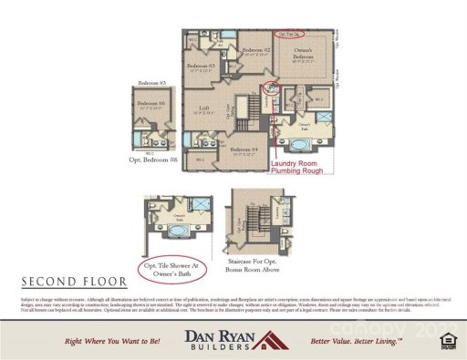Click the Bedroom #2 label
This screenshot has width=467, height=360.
click(x=254, y=49)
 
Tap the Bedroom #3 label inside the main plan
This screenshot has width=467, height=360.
click(x=200, y=67)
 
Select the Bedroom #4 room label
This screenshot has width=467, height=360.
click(x=244, y=149)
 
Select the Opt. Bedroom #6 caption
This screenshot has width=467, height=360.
click(x=150, y=160)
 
